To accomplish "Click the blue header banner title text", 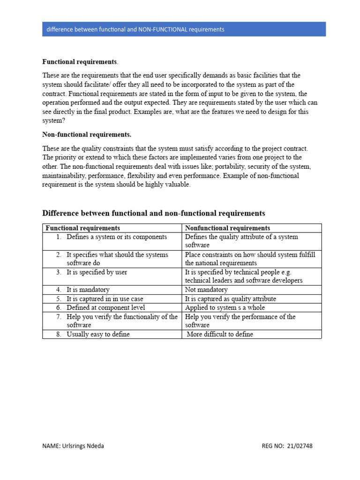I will (135, 29).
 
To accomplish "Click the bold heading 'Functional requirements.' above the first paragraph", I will (80, 62).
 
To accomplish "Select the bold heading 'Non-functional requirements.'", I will (87, 135).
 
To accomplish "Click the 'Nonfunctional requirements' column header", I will (227, 228).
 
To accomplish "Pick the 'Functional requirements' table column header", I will (82, 228).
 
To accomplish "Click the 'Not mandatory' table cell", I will (206, 290).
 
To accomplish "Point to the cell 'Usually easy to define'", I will (98, 334).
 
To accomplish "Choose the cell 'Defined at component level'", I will (105, 307).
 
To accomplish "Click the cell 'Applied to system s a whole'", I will (225, 307).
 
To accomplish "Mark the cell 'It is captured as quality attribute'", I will (231, 299).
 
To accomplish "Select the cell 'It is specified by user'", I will (97, 272).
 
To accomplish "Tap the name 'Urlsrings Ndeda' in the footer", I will (83, 446).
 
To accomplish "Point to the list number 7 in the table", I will (59, 317).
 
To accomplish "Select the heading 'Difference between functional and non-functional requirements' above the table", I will (154, 213).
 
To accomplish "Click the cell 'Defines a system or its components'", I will (117, 237).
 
